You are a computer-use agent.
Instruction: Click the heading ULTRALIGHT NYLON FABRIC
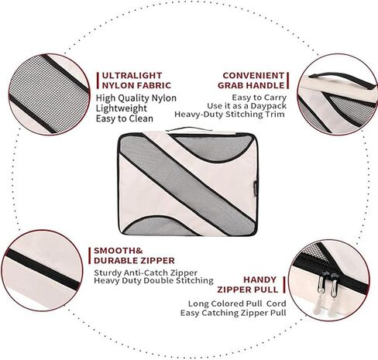tap(136, 81)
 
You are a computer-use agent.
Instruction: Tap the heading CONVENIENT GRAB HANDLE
tap(251, 81)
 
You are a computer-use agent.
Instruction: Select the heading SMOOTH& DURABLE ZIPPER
tap(134, 255)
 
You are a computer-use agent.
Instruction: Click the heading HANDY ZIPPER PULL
tap(248, 285)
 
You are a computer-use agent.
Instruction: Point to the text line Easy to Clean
tap(125, 118)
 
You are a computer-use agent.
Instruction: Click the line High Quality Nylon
tap(136, 98)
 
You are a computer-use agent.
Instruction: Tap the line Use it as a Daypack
tap(246, 106)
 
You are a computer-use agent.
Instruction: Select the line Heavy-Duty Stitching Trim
tap(229, 115)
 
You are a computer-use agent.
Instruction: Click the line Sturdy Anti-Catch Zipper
tap(146, 273)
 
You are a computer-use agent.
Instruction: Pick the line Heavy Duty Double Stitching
tap(153, 280)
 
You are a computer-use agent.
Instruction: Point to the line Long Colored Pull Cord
tap(237, 303)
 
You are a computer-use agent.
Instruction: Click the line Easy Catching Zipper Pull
tap(233, 313)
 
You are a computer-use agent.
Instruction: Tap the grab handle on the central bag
tap(189, 129)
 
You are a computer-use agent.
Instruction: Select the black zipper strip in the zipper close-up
tap(43, 269)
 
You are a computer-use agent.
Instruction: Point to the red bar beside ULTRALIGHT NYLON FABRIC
tap(98, 81)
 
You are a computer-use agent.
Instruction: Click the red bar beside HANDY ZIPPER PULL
tap(284, 285)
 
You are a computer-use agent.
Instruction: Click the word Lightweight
tap(122, 108)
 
